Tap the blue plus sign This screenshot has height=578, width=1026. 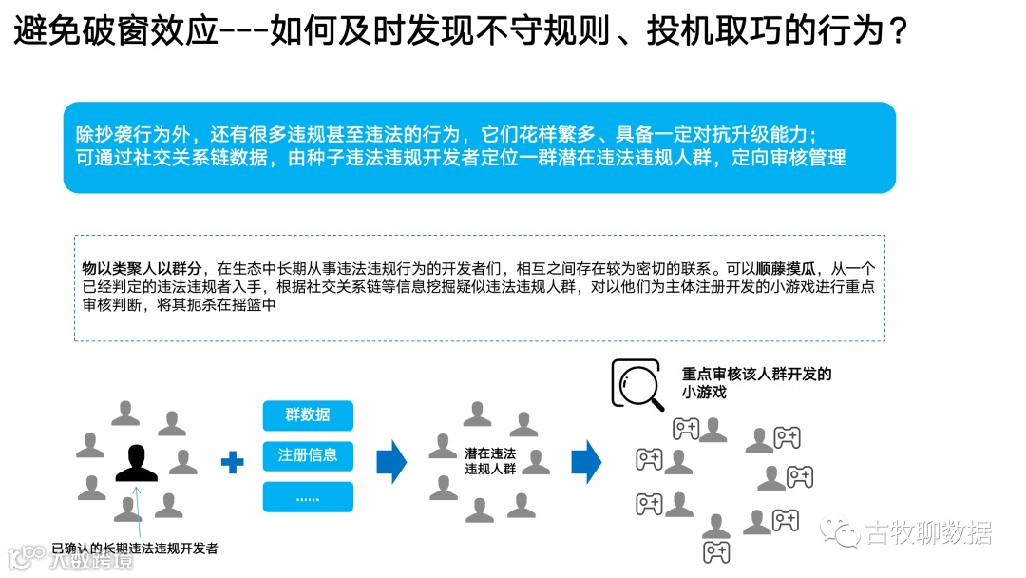(232, 463)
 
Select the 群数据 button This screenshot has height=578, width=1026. (308, 414)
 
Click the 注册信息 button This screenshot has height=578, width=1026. (308, 455)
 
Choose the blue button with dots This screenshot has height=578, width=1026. (308, 497)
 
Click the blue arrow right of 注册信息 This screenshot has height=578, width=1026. (391, 462)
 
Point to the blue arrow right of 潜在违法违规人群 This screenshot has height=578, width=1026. (586, 462)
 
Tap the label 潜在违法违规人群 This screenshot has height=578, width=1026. (490, 461)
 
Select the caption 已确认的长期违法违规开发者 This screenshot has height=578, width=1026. (135, 548)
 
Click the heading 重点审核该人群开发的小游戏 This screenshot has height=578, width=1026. (756, 382)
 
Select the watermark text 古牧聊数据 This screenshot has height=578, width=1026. (928, 533)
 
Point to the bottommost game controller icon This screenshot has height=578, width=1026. (715, 552)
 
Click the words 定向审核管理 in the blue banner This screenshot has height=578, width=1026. (788, 158)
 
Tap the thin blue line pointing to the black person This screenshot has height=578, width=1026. (141, 513)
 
